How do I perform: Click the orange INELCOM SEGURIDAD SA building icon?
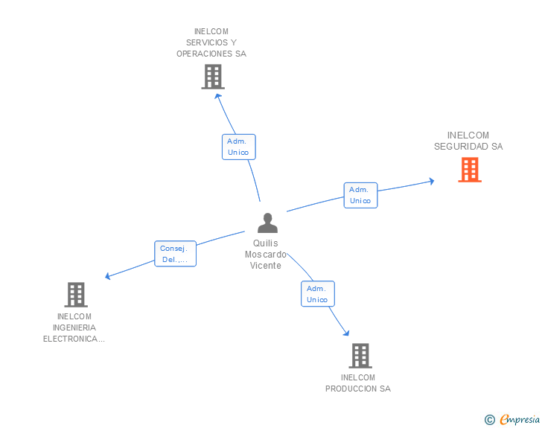coord(469,170)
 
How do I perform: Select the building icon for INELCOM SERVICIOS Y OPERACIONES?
coord(213,77)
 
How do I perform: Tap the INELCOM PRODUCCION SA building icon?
coord(360,356)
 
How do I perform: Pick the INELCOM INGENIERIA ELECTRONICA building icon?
coord(76,295)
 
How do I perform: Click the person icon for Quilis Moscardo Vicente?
coord(267,223)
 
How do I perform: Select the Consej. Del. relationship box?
coord(176,254)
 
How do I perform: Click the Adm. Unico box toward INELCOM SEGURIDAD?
coord(360,195)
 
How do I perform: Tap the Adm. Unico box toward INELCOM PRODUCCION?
coord(317,293)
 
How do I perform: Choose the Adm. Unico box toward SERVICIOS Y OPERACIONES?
coord(238,147)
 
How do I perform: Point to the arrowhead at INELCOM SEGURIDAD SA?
coord(431,181)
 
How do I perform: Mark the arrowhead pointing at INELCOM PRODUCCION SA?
coord(346,333)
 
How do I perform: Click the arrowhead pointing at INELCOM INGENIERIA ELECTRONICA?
coord(108,276)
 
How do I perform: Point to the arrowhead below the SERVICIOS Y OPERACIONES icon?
coord(217,95)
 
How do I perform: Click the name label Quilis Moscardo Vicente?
coord(266,255)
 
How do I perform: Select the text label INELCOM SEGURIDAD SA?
coord(468,141)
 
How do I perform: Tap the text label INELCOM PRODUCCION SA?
coord(358,383)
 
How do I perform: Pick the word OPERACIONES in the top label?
coord(211,54)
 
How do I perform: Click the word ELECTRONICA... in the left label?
coord(74,339)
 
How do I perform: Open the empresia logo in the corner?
coord(519,420)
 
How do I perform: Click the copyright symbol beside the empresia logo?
coord(490,420)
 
